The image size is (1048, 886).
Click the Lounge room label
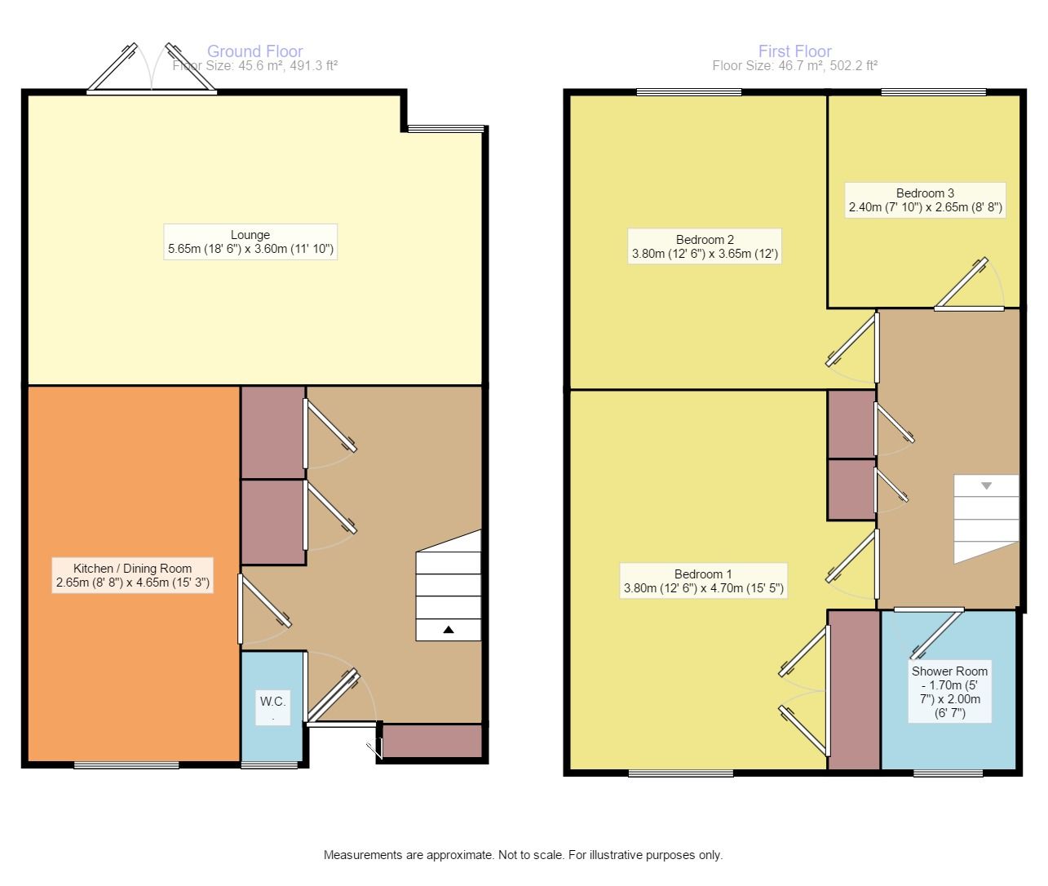pyautogui.click(x=250, y=241)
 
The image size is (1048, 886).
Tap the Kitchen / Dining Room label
pyautogui.click(x=132, y=575)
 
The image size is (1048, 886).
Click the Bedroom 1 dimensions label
pyautogui.click(x=703, y=587)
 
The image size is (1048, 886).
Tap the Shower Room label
pyautogui.click(x=949, y=692)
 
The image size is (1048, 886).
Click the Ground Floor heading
pyautogui.click(x=255, y=51)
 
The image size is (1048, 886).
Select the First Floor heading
pyautogui.click(x=794, y=51)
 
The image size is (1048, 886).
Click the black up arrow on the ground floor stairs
pyautogui.click(x=449, y=629)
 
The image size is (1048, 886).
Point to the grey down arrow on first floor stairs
pyautogui.click(x=986, y=485)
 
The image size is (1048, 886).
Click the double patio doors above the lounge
pyautogui.click(x=152, y=69)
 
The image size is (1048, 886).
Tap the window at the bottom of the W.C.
pyautogui.click(x=269, y=765)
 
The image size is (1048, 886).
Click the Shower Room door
pyautogui.click(x=929, y=633)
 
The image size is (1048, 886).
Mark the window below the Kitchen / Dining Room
pyautogui.click(x=126, y=765)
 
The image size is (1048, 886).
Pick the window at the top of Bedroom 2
pyautogui.click(x=689, y=92)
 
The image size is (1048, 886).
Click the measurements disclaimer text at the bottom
pyautogui.click(x=523, y=855)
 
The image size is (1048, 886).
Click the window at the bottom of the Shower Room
pyautogui.click(x=949, y=773)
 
